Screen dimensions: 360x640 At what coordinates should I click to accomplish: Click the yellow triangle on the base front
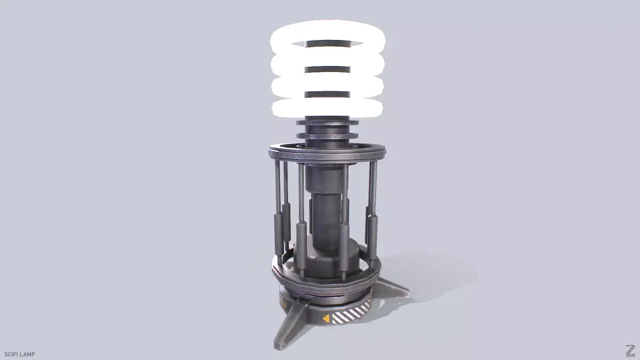point(325,319)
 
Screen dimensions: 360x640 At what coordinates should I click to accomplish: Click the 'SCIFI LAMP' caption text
point(20,354)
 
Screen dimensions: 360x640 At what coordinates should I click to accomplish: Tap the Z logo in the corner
point(630,351)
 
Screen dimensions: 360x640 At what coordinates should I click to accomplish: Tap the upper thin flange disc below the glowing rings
point(326,123)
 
